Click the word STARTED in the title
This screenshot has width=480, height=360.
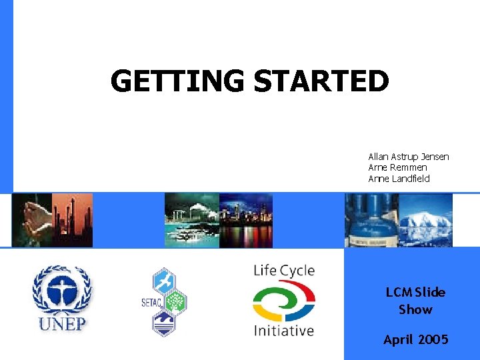pyautogui.click(x=321, y=82)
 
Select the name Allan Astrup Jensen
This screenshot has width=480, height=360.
pyautogui.click(x=408, y=157)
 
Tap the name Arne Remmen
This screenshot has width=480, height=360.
pyautogui.click(x=397, y=167)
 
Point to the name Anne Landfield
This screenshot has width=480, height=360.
pyautogui.click(x=399, y=179)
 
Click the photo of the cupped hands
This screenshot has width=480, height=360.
pyautogui.click(x=31, y=220)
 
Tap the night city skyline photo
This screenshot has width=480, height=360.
pyautogui.click(x=245, y=220)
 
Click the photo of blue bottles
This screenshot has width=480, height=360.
pyautogui.click(x=371, y=220)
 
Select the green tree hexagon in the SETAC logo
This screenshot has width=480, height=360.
pyautogui.click(x=175, y=303)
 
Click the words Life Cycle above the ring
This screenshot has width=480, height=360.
pyautogui.click(x=283, y=271)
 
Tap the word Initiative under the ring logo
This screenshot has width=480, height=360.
pyautogui.click(x=283, y=331)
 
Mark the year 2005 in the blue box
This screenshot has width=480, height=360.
pyautogui.click(x=433, y=340)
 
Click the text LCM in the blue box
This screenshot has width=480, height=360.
pyautogui.click(x=399, y=292)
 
